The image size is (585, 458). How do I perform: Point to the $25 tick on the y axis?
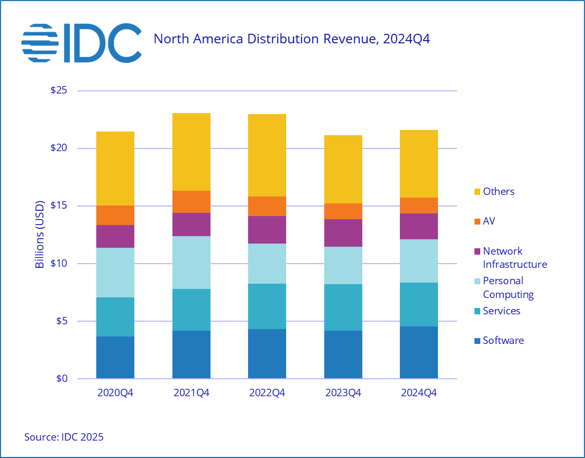(59, 90)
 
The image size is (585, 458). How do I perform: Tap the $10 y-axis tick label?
(59, 263)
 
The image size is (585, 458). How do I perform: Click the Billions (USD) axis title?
(40, 235)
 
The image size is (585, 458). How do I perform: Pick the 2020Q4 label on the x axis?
(115, 394)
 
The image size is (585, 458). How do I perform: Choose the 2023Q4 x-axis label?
(343, 394)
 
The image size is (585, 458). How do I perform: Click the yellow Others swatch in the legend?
(478, 191)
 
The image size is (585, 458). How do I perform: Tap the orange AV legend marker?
(478, 221)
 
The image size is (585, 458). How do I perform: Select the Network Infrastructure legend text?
(515, 257)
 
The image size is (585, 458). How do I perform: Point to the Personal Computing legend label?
(508, 287)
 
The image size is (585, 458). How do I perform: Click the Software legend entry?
(503, 340)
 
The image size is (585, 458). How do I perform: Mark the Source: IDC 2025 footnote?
(64, 437)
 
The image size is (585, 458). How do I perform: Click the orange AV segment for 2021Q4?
(191, 202)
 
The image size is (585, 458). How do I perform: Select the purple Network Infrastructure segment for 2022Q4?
(267, 230)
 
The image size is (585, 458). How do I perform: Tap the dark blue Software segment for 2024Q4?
(419, 352)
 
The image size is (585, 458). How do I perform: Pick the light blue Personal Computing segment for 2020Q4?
(115, 273)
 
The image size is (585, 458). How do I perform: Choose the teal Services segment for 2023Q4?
(343, 307)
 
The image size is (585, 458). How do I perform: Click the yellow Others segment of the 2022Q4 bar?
(267, 155)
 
